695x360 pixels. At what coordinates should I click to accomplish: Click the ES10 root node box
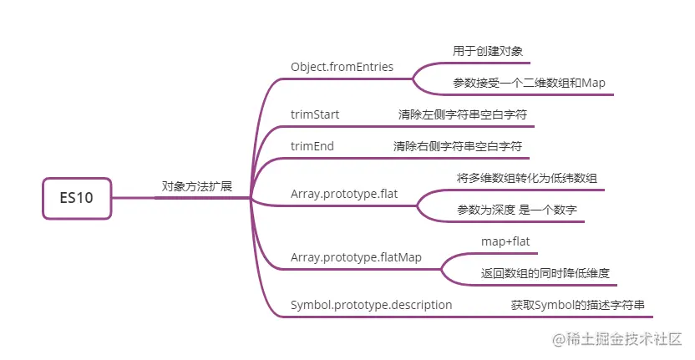tap(76, 198)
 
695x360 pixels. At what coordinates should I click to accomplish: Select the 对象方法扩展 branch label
tap(197, 185)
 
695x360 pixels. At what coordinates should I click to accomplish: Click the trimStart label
tap(315, 114)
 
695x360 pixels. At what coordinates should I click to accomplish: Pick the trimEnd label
tap(312, 146)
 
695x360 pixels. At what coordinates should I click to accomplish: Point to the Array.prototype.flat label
tap(343, 194)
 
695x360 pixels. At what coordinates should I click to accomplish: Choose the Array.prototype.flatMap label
tap(356, 257)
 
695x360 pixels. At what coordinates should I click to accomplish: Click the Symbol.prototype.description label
tap(371, 305)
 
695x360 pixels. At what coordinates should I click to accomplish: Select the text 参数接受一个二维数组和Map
tap(529, 83)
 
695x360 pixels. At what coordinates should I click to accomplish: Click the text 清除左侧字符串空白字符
tap(462, 114)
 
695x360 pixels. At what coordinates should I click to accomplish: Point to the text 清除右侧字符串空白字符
tap(458, 146)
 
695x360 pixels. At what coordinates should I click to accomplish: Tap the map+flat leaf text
tap(505, 241)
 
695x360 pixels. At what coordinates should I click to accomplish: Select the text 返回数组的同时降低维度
tap(545, 273)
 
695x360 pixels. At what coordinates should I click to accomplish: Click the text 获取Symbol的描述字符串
tap(578, 305)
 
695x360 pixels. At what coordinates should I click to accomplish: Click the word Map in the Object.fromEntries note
tap(593, 83)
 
